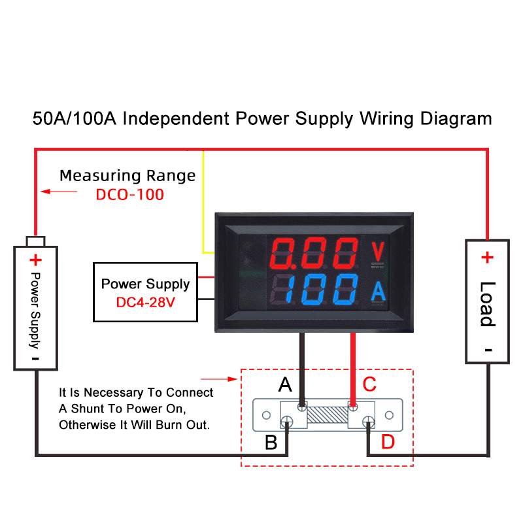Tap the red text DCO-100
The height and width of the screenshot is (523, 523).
(129, 194)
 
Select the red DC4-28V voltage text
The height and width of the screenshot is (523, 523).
(145, 302)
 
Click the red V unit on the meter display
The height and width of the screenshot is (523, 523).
(378, 251)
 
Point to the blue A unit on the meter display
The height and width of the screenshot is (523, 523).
(379, 291)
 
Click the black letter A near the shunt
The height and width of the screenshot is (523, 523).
(285, 384)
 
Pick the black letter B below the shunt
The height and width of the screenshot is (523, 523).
(271, 443)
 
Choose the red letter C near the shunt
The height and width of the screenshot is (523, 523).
(369, 384)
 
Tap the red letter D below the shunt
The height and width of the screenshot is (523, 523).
(388, 442)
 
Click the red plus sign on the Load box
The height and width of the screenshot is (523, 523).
(487, 257)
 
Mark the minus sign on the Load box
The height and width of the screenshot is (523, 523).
(488, 350)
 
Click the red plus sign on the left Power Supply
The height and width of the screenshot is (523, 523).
(36, 260)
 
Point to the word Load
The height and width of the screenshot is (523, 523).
(488, 304)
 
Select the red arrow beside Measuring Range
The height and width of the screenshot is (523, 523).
(59, 192)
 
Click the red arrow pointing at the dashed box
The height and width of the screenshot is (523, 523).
(219, 379)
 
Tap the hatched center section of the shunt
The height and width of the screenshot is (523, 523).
(328, 414)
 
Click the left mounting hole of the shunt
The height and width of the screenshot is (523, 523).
(266, 415)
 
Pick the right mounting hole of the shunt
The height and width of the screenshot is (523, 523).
(389, 415)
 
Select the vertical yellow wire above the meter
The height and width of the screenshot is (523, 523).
(203, 201)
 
